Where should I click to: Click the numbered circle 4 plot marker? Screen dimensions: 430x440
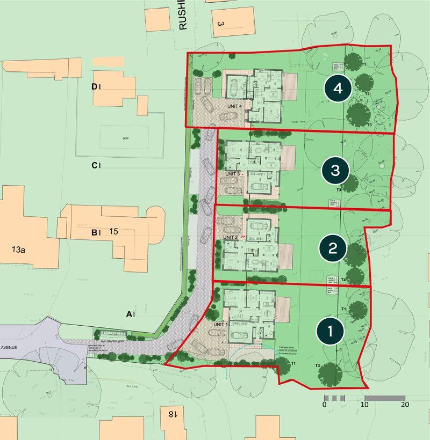338,90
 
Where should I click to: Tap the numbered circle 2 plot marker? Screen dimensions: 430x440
333,248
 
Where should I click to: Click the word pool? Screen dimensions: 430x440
126,138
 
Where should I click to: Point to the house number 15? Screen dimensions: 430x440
113,232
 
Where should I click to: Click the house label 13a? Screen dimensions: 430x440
19,250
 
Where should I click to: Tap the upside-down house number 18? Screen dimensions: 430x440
172,414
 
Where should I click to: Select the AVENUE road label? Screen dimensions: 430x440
9,348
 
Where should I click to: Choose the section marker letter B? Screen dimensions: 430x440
94,233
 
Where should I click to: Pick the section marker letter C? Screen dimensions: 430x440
94,165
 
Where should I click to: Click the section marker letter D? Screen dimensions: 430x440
94,87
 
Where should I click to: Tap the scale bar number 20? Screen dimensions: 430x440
404,405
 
